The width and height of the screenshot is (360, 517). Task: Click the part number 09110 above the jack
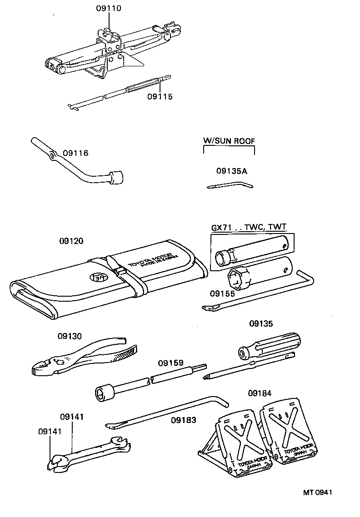tap(109, 9)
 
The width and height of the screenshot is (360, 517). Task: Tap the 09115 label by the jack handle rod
tap(160, 96)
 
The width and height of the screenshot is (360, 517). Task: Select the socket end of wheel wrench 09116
tap(116, 176)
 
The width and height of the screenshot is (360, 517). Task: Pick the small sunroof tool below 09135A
tap(230, 185)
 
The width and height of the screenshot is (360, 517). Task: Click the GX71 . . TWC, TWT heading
tap(249, 228)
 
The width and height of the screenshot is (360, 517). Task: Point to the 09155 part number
tap(222, 293)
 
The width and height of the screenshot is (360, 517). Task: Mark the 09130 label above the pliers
tap(70, 336)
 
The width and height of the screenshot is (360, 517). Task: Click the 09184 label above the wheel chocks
tap(260, 393)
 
